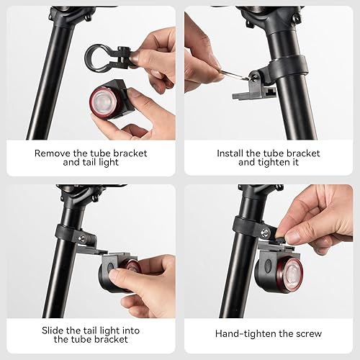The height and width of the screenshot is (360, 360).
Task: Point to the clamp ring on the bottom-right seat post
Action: point(246,227)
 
